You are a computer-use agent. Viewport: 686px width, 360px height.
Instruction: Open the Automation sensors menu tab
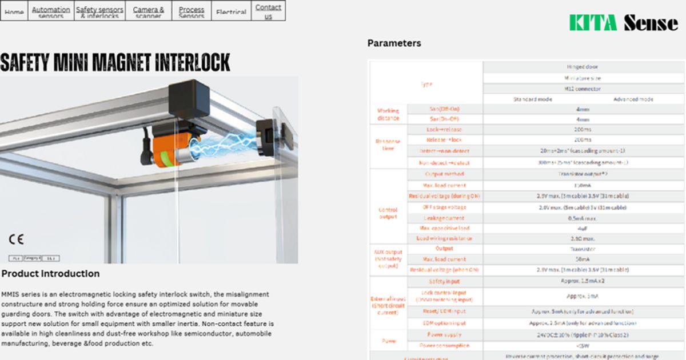click(51, 11)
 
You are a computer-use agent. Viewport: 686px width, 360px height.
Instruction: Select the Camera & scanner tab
click(148, 11)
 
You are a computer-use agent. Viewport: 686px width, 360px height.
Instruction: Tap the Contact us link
click(268, 11)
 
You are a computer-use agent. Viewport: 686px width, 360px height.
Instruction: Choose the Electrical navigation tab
click(232, 12)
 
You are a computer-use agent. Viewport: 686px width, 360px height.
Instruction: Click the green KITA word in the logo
click(592, 23)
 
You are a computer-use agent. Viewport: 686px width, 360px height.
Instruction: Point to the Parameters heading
click(394, 43)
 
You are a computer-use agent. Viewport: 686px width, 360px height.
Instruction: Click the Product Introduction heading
click(50, 274)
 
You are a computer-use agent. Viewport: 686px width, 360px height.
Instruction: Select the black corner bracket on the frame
click(190, 98)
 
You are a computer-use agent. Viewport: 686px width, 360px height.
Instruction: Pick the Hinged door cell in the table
click(583, 67)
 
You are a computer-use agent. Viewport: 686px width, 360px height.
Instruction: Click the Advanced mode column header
click(633, 99)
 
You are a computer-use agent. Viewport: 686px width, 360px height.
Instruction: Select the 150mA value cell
click(583, 185)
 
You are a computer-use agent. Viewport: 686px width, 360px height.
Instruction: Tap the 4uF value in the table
click(583, 228)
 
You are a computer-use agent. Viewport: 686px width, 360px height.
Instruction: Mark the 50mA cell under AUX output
click(583, 259)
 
